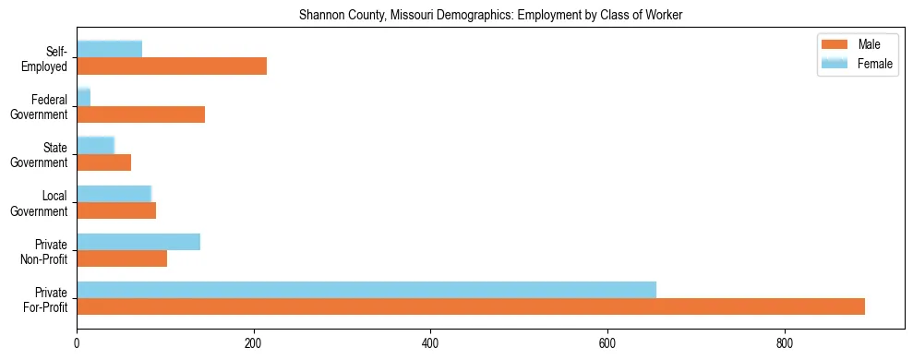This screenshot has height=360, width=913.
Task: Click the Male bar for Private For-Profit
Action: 471,306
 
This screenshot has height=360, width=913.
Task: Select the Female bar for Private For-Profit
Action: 366,290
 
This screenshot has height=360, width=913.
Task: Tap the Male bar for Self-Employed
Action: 172,66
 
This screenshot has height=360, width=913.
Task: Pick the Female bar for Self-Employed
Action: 110,49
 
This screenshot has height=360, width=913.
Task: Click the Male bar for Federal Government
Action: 141,114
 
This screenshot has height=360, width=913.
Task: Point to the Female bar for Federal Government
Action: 84,97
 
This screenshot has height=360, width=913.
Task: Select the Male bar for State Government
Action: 104,162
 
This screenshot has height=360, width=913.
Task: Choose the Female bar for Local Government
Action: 114,193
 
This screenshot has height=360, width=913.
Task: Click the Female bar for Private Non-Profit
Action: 138,242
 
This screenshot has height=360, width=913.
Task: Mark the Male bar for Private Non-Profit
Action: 122,258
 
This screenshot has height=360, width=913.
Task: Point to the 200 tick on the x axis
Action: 254,333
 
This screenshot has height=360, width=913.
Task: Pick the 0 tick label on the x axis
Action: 77,343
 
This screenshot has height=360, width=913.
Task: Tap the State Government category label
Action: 40,154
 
